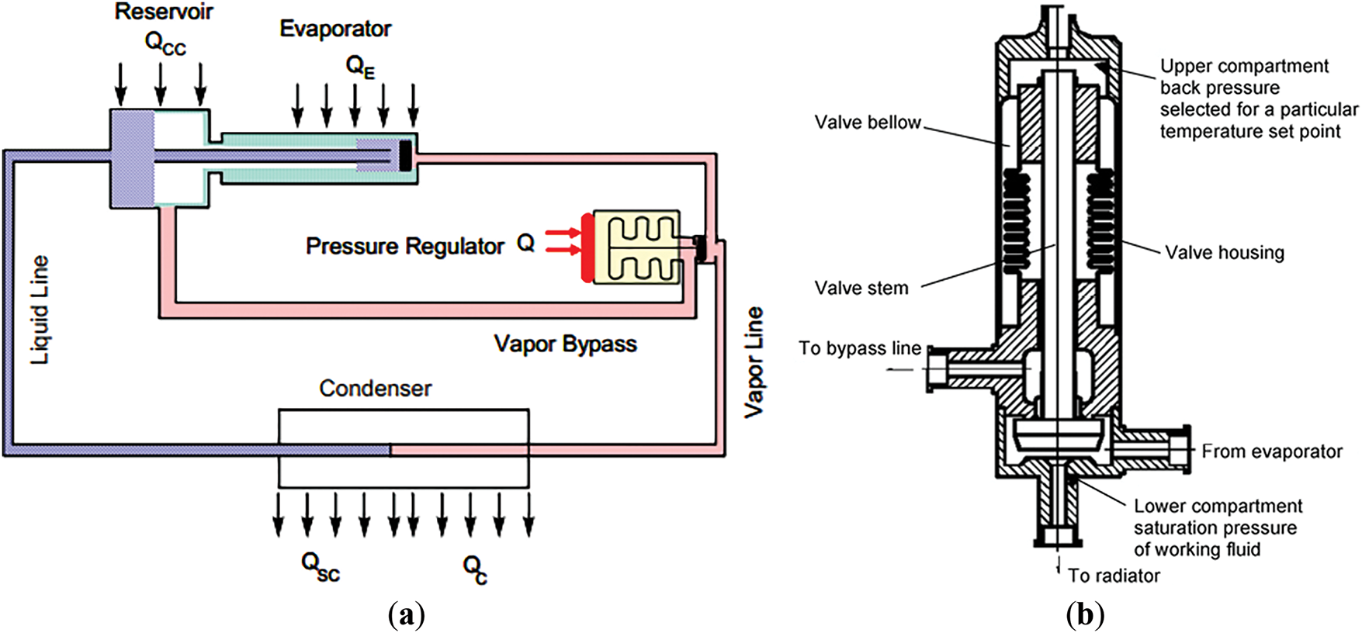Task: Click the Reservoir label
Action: pos(164,12)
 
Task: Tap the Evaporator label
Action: pos(335,29)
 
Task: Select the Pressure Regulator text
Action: pos(404,247)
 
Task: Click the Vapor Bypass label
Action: pos(565,344)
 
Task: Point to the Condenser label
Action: pos(376,389)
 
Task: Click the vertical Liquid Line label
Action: pos(40,310)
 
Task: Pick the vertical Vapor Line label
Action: pos(754,362)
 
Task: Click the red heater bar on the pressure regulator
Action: pos(587,246)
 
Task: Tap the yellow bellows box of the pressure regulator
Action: pos(637,247)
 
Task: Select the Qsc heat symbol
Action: pos(320,566)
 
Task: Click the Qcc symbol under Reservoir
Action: pos(165,43)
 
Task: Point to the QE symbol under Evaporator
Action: pos(360,67)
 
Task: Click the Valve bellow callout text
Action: pos(868,123)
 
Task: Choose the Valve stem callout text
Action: pos(861,289)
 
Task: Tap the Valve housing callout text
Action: pos(1225,253)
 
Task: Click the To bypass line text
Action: pos(860,348)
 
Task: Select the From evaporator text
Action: pos(1272,451)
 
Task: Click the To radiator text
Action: pos(1114,576)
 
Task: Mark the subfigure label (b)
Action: pos(1085,615)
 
